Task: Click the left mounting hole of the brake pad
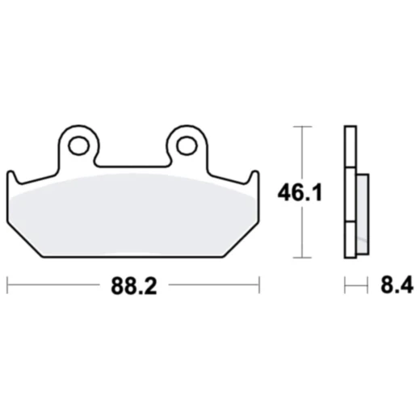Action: tap(78, 145)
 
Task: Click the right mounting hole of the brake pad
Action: tap(187, 145)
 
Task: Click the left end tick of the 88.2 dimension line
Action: tap(7, 285)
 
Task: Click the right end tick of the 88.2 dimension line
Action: tap(258, 285)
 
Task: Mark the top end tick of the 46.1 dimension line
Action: tap(302, 127)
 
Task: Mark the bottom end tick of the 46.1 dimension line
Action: tap(302, 259)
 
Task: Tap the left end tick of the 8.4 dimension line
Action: tap(345, 285)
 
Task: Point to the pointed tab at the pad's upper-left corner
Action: tap(10, 175)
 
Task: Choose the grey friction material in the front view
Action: tap(132, 214)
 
